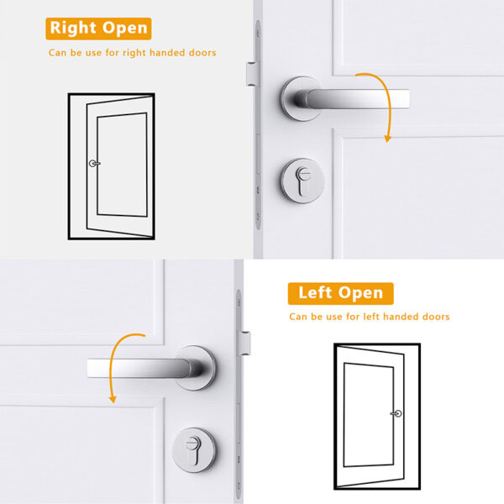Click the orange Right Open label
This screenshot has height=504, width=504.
tap(98, 28)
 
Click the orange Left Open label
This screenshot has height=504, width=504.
tap(340, 293)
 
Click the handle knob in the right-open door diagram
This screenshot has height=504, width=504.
tap(93, 164)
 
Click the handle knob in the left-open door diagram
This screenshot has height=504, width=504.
tap(396, 413)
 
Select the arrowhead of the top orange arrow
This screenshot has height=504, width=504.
tap(387, 138)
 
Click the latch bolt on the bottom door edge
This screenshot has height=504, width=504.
tap(247, 343)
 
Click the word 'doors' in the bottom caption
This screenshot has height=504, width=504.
tap(433, 317)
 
